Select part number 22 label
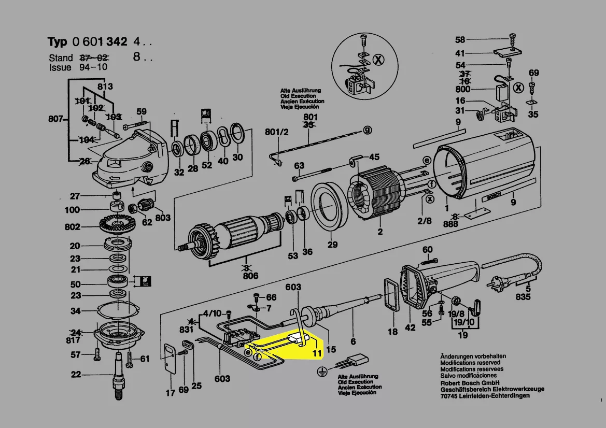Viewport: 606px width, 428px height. [76, 375]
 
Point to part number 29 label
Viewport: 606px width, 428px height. [332, 245]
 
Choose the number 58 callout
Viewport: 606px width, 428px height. [460, 39]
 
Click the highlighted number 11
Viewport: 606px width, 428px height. [317, 354]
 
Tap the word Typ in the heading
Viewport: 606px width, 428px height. [58, 42]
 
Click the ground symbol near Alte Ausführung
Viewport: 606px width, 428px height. [321, 372]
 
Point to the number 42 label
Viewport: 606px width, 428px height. [410, 327]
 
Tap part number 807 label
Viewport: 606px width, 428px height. [55, 120]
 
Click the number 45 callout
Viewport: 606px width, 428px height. [374, 156]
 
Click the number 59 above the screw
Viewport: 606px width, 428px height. [141, 111]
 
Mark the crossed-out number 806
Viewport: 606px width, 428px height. [251, 276]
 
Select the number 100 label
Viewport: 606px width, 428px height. [73, 210]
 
